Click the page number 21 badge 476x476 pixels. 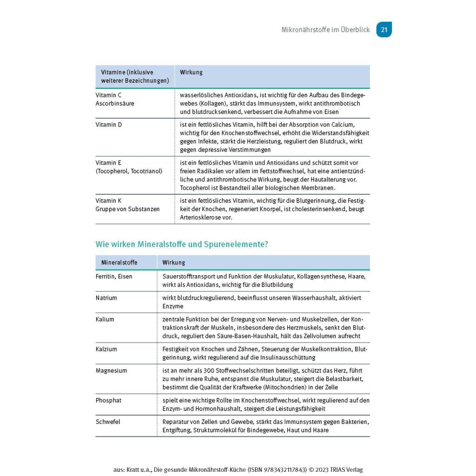[384, 30]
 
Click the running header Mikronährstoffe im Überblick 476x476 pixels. [325, 30]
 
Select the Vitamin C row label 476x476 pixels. [108, 95]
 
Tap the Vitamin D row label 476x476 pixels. [109, 125]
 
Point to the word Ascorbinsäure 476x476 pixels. [115, 103]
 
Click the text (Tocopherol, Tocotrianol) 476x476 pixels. [129, 171]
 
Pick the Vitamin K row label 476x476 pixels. [108, 201]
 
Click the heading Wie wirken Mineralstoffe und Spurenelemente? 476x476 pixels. [182, 244]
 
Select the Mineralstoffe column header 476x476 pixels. [119, 263]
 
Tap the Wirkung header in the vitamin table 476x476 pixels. [191, 73]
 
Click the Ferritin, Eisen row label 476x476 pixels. [114, 277]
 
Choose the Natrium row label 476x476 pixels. [106, 298]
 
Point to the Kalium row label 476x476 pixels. [105, 319]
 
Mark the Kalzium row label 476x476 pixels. [106, 349]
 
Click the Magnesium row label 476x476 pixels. [111, 370]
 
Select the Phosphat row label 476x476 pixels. [108, 400]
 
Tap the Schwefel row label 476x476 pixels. [108, 422]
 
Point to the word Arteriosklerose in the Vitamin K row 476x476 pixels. [198, 218]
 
